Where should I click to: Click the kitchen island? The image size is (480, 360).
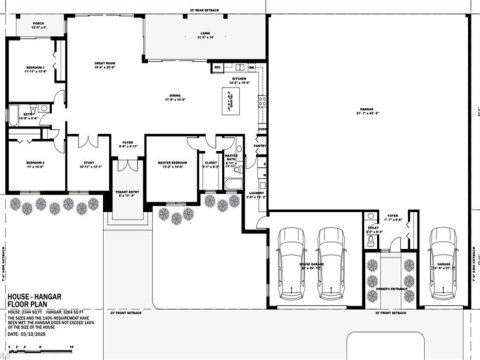tap(230, 101)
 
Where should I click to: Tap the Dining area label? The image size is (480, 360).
tap(176, 97)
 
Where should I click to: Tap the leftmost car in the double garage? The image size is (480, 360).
tap(292, 262)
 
